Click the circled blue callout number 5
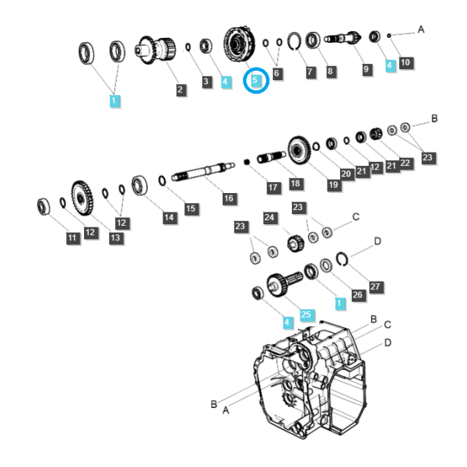coord(255,80)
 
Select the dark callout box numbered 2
coord(180,90)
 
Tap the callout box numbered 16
coord(229,198)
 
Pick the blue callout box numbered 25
coord(306,314)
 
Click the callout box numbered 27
coord(375,286)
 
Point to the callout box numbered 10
coord(406,62)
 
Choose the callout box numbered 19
coord(333,184)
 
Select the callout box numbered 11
coord(72,238)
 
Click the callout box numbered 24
coord(269,217)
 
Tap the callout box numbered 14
coord(169,217)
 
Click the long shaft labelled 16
coord(203,172)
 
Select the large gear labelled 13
coord(82,198)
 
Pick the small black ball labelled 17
coord(247,162)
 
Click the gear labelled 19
coord(299,150)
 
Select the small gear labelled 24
coord(296,244)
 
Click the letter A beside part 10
coord(420,30)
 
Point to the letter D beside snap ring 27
coord(377,241)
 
